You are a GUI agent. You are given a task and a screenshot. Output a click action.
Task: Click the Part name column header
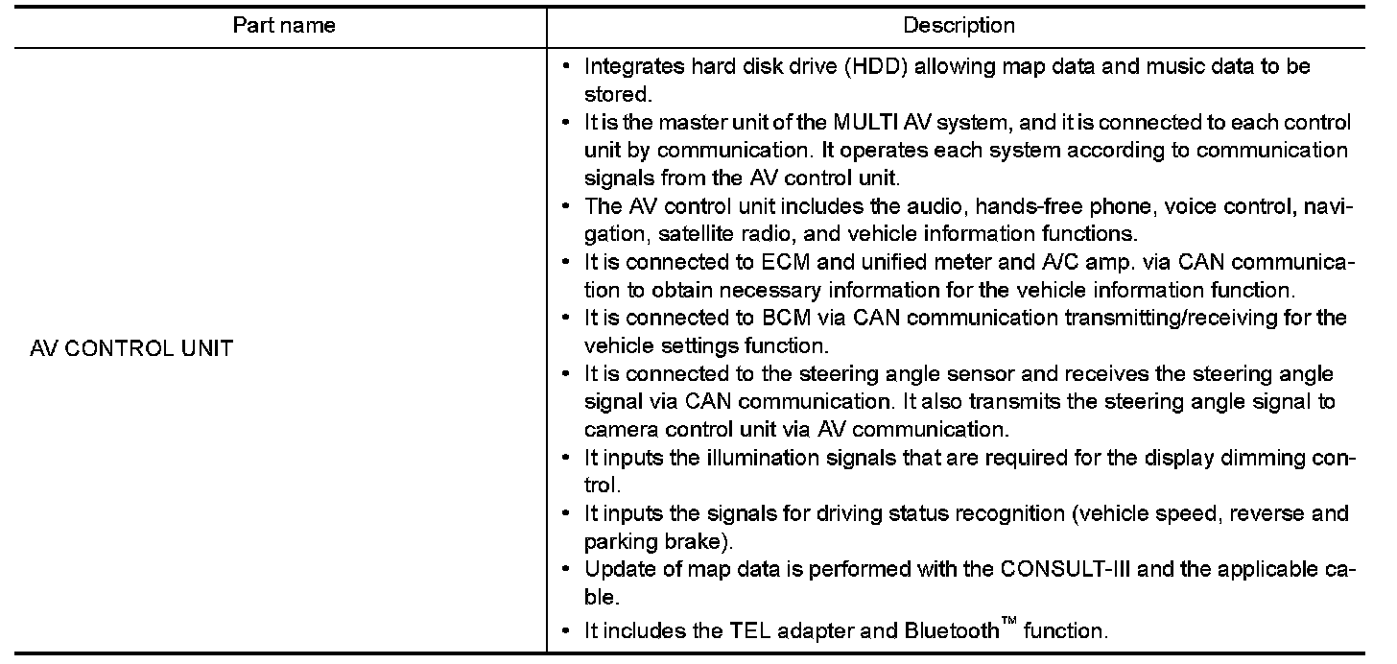point(284,26)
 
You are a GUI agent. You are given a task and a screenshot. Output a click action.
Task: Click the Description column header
point(959,26)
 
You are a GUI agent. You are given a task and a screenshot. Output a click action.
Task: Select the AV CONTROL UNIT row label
point(131,348)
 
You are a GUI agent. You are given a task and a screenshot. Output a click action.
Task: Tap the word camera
point(617,430)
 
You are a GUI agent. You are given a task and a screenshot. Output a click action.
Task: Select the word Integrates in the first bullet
point(629,67)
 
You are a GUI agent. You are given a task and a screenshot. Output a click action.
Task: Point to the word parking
point(617,541)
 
